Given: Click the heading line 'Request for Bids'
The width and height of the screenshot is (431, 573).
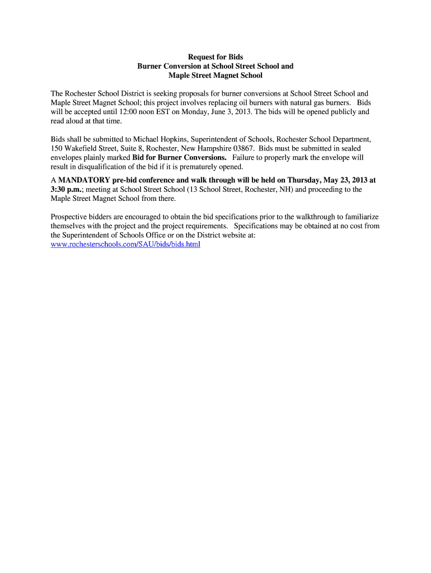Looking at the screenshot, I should point(215,57).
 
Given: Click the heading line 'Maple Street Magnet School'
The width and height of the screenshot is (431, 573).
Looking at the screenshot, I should point(215,75).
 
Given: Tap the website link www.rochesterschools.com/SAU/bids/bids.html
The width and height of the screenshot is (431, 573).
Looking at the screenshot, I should point(125,245).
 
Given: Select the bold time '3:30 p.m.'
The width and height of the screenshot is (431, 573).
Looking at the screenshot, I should point(67,189).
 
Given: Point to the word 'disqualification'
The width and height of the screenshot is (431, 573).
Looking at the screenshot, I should point(104,167).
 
